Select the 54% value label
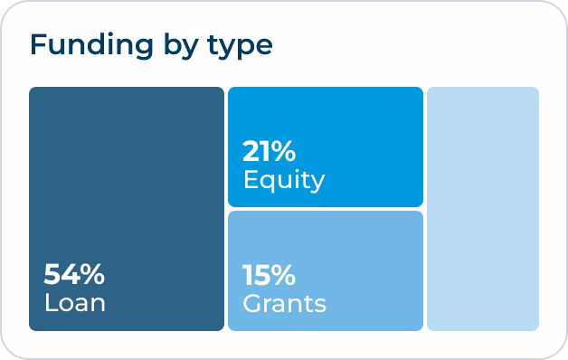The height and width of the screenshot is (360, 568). (x=74, y=273)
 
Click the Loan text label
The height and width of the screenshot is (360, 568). (x=75, y=301)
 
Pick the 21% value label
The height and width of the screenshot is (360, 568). (x=270, y=151)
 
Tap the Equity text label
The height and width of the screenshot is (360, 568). (x=283, y=180)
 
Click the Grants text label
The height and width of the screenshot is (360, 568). (x=285, y=301)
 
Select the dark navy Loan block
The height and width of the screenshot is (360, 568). (x=127, y=181)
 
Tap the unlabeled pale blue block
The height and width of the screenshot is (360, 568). (x=483, y=208)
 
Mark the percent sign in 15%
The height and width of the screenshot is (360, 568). (x=288, y=273)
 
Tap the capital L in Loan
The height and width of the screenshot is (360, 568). (x=50, y=301)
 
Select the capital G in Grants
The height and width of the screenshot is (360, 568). (x=252, y=301)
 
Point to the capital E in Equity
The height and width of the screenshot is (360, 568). (x=251, y=179)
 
